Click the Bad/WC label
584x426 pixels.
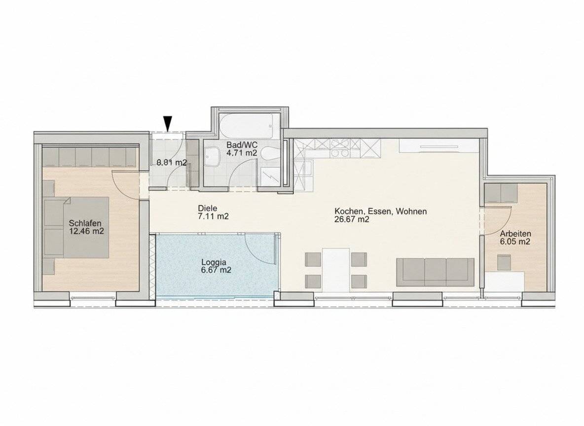[242, 145]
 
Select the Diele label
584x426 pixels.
[208, 209]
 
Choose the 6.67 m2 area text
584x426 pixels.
[216, 270]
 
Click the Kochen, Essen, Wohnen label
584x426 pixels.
[380, 212]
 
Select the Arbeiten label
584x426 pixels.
[515, 234]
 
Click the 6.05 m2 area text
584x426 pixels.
[515, 242]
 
